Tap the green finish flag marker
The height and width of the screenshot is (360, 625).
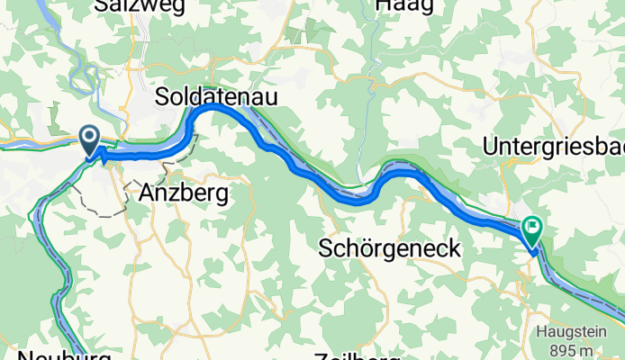click(531, 232)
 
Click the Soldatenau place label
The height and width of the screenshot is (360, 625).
click(215, 95)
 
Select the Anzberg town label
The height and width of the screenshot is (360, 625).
click(183, 192)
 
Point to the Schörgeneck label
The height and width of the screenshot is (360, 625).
click(390, 248)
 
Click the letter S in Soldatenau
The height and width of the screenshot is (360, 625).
click(162, 95)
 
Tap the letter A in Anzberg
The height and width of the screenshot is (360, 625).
click(148, 192)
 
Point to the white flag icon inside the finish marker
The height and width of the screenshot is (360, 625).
click(531, 228)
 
